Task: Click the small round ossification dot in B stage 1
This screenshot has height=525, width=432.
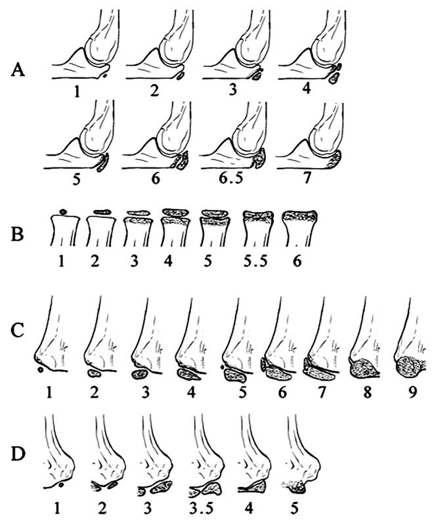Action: (63, 211)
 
